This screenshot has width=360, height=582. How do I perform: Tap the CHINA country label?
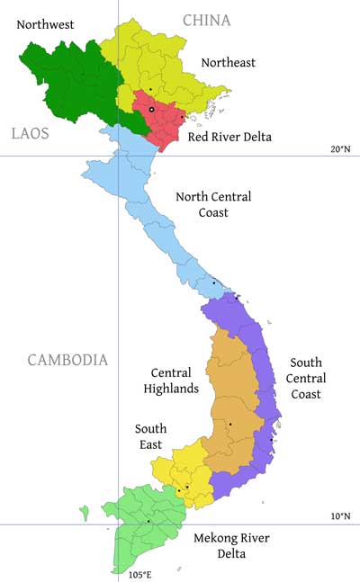(206, 20)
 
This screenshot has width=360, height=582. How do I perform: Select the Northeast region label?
(228, 62)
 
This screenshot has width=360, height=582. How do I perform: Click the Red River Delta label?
(229, 138)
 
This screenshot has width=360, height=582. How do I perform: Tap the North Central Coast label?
(213, 205)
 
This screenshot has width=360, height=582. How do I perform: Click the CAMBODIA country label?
(67, 360)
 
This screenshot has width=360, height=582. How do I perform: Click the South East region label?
(150, 437)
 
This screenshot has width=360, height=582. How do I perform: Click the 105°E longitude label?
(139, 574)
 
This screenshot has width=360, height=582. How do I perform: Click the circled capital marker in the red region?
(152, 110)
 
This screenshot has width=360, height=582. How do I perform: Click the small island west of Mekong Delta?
(84, 514)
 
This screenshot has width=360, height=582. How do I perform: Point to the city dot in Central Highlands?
(230, 424)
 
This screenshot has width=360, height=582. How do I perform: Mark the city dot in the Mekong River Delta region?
(148, 521)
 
